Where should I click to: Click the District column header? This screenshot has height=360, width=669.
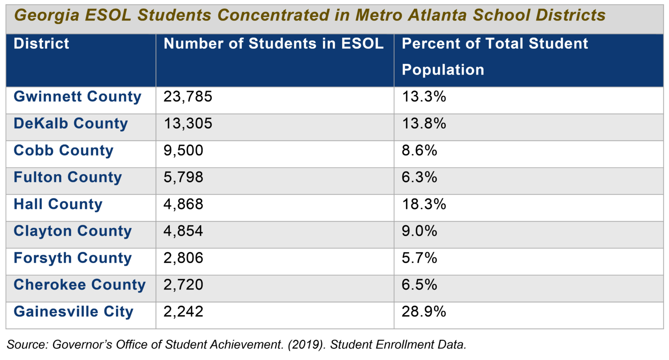point(41,44)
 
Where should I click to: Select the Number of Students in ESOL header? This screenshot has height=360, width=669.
point(273,44)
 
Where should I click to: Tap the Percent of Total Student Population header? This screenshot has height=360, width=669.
point(494,57)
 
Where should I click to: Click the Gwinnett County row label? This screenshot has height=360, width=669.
point(78,97)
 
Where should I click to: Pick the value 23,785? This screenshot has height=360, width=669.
point(188,97)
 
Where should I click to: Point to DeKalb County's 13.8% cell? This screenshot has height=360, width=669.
point(424,124)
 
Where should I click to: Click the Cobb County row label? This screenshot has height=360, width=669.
point(64,151)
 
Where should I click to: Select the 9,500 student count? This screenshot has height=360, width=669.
point(183,151)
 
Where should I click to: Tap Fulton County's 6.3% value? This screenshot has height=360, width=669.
point(419,177)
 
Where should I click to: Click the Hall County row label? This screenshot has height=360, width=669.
point(58,204)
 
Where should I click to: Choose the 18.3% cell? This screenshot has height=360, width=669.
point(424,204)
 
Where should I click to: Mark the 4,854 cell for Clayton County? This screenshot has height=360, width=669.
point(183,231)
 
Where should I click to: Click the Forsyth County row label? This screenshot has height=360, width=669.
point(73,258)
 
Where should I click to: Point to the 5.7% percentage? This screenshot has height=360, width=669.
point(419,258)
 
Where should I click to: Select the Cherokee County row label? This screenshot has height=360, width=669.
point(80,285)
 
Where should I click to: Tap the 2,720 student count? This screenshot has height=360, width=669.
point(183,285)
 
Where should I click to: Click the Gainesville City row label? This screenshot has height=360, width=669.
point(74,312)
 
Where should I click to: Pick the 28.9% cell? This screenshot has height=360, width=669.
point(424,312)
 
